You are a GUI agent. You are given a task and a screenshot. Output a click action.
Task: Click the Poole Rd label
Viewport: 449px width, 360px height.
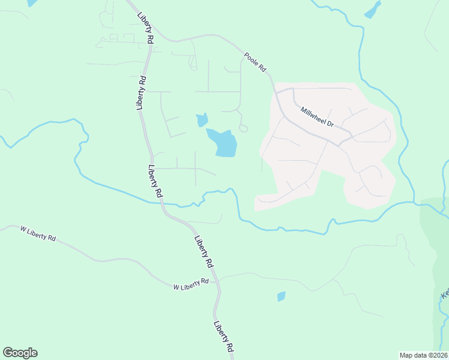point(255,62)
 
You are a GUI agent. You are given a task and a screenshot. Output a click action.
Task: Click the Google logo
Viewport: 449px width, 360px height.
point(20,353)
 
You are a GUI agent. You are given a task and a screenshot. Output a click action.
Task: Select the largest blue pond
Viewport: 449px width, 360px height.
point(223,143)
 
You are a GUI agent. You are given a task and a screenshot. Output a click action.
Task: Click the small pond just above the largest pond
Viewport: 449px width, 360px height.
point(202,120)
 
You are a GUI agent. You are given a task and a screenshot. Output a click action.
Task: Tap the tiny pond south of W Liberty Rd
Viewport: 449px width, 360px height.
point(281,296)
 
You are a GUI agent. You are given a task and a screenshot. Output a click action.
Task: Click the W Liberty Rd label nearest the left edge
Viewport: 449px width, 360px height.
point(38,233)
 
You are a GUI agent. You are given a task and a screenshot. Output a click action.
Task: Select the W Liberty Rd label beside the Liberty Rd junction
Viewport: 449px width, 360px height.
point(191,284)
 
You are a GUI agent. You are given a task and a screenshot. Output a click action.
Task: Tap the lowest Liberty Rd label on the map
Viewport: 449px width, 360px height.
point(223,339)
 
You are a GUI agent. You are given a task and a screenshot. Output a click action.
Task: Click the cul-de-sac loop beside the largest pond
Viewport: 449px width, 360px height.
point(243,128)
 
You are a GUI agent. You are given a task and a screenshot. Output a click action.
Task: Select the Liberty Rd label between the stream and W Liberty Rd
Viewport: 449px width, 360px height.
point(203,251)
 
